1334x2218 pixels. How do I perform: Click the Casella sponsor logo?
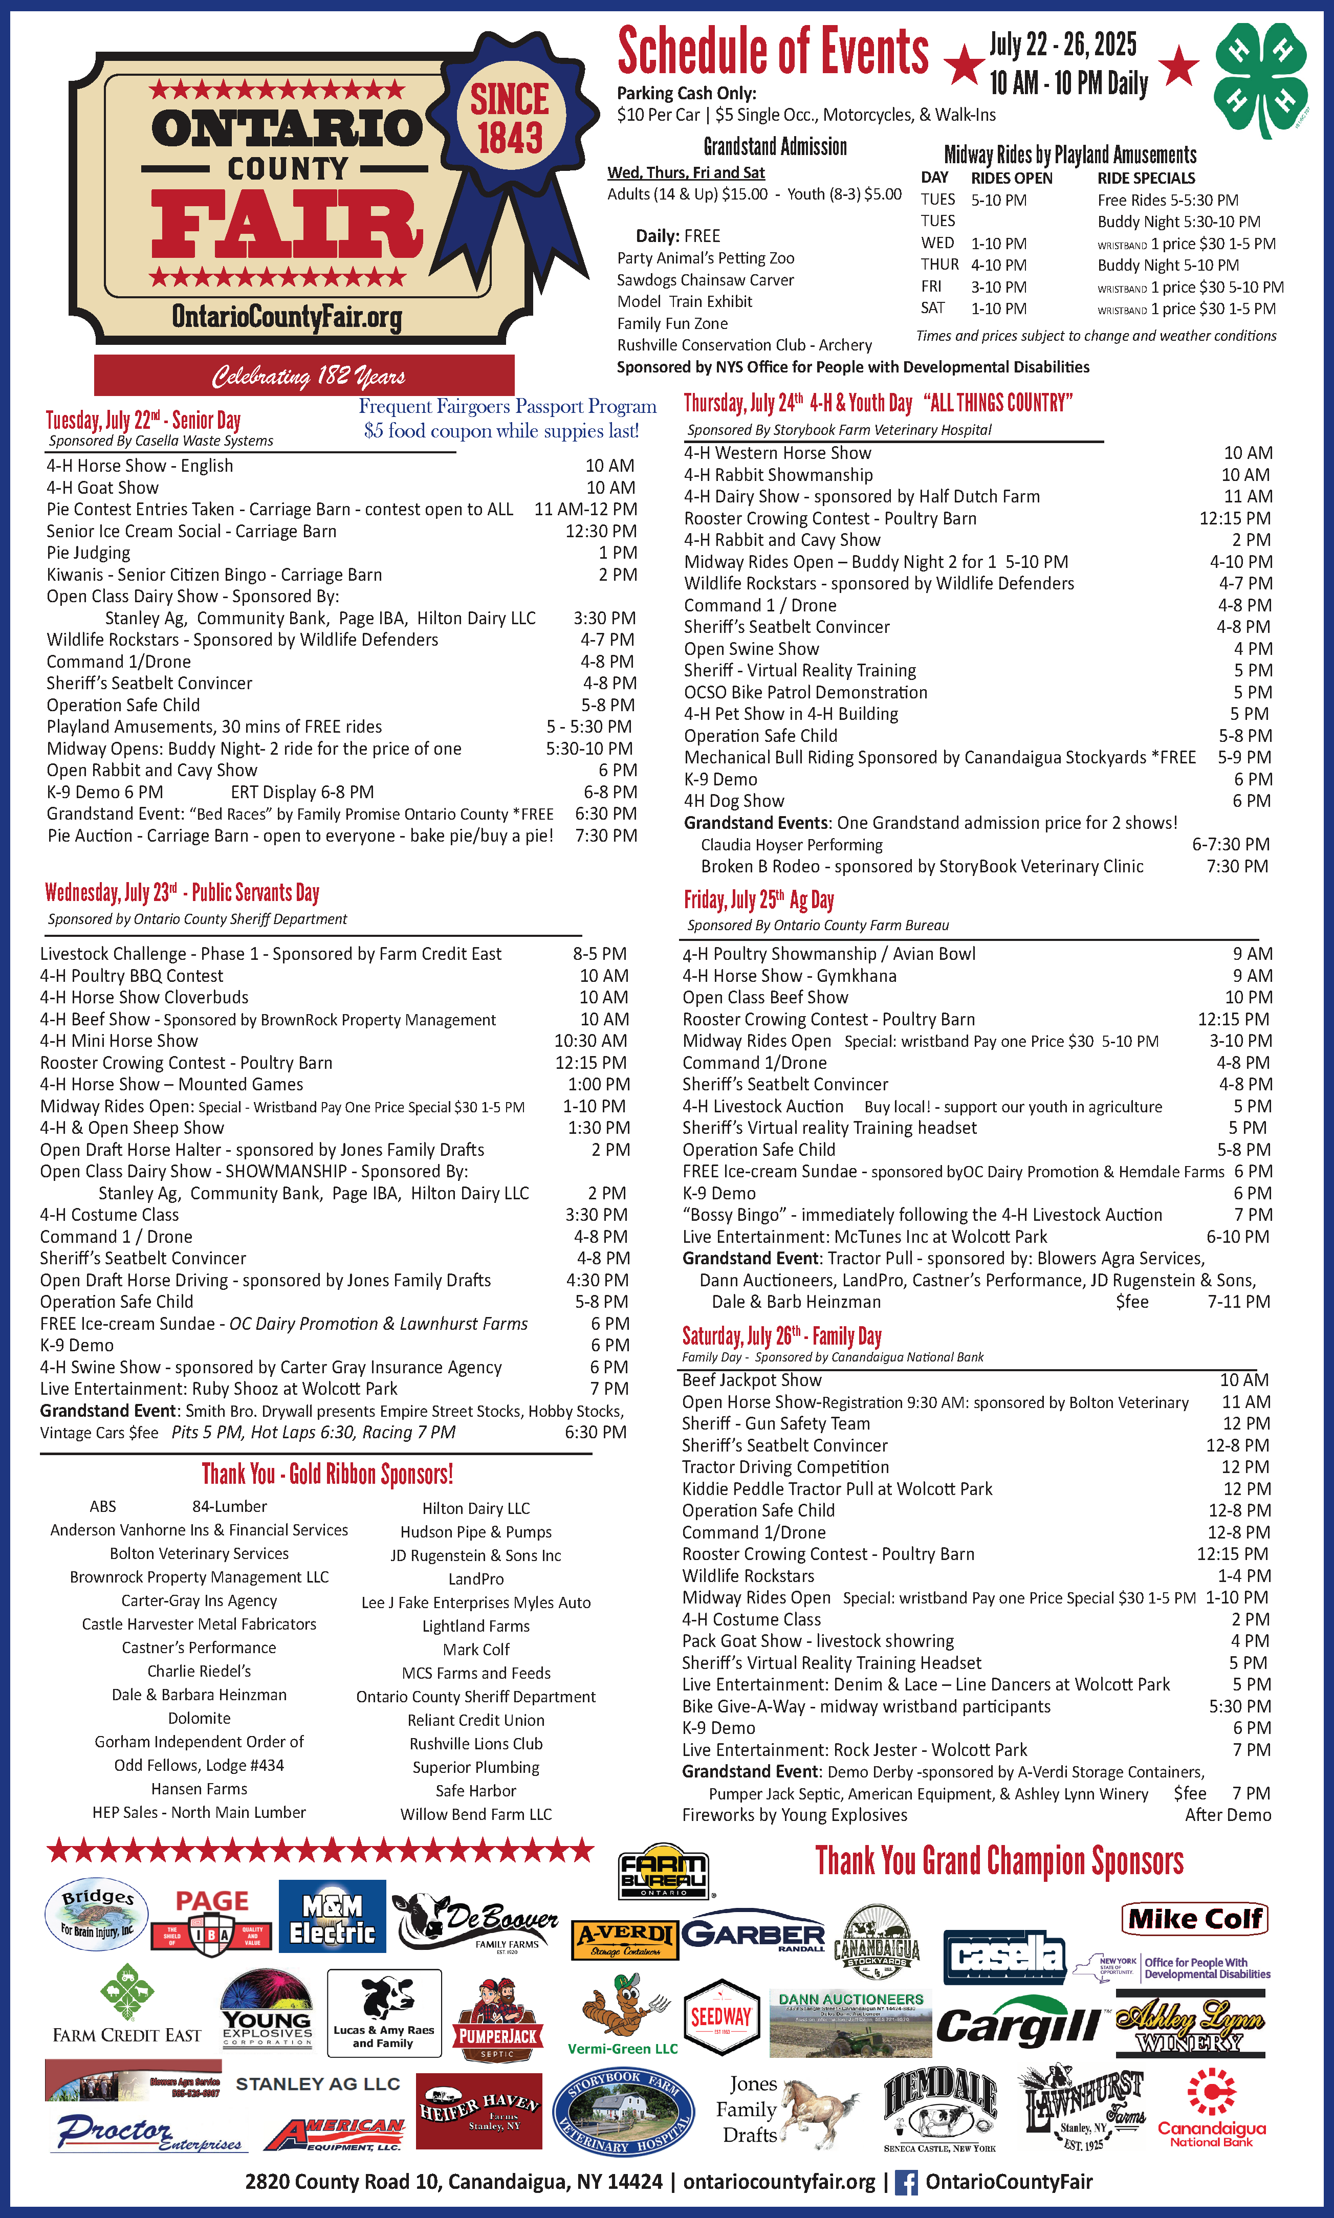tap(1003, 1958)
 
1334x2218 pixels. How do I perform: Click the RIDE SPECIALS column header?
tap(1145, 178)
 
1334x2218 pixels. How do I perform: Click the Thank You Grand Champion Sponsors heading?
tap(999, 1861)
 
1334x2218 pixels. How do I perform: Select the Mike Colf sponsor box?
tap(1195, 1919)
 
